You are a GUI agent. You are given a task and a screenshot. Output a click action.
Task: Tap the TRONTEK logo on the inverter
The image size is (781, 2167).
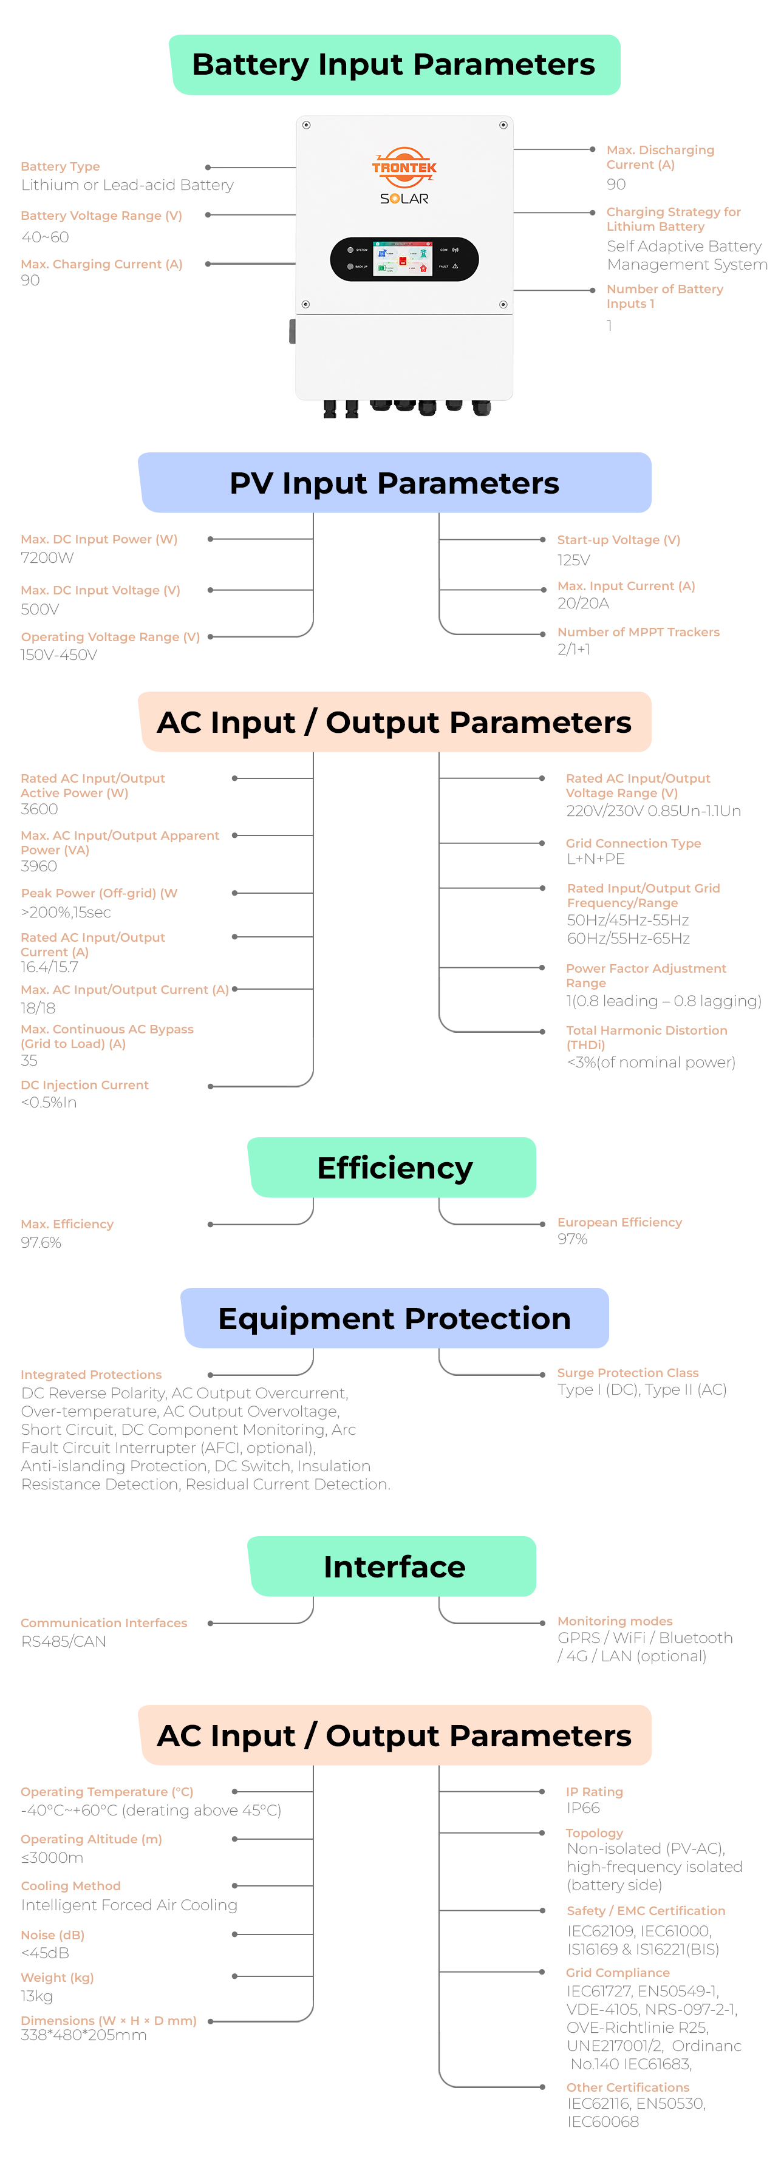pyautogui.click(x=404, y=168)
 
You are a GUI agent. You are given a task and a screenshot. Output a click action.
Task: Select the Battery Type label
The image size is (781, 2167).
pyautogui.click(x=61, y=166)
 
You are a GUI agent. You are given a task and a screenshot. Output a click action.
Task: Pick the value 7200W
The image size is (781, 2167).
pyautogui.click(x=47, y=558)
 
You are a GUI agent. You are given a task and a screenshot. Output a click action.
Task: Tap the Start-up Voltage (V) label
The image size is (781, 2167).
pyautogui.click(x=619, y=540)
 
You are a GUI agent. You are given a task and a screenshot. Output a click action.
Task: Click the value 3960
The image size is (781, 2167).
pyautogui.click(x=39, y=866)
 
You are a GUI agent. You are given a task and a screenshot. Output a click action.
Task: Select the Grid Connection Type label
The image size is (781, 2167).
pyautogui.click(x=633, y=843)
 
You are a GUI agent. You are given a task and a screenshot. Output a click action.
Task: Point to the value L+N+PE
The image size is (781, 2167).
pyautogui.click(x=595, y=859)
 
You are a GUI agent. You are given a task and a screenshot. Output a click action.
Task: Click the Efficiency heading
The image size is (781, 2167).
pyautogui.click(x=395, y=1168)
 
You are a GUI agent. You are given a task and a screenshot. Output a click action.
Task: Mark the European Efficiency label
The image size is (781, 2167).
pyautogui.click(x=619, y=1222)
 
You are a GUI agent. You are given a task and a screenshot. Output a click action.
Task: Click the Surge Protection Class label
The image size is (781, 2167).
pyautogui.click(x=628, y=1373)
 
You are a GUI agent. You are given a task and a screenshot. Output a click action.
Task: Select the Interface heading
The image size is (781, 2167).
pyautogui.click(x=394, y=1567)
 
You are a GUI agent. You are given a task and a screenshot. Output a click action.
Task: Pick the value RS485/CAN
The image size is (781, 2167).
pyautogui.click(x=64, y=1641)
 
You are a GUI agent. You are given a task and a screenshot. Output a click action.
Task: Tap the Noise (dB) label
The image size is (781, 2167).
pyautogui.click(x=52, y=1935)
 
